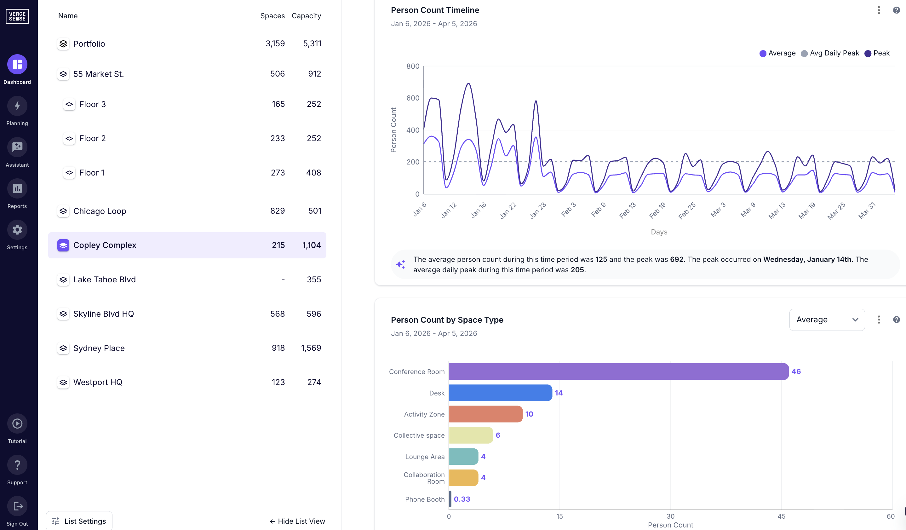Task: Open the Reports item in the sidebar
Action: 17,188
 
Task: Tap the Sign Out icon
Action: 17,506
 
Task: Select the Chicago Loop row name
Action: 100,211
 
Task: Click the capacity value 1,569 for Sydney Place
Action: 311,348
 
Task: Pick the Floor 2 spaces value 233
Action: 277,138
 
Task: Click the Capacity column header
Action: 306,16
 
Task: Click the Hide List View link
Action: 297,521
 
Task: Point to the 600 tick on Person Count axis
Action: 412,98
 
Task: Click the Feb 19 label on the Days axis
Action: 657,210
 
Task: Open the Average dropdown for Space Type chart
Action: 827,320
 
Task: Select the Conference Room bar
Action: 618,372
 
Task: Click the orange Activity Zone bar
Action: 485,414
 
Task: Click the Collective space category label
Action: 419,435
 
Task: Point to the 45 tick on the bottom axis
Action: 781,516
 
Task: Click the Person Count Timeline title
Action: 435,10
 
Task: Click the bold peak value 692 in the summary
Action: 676,259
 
